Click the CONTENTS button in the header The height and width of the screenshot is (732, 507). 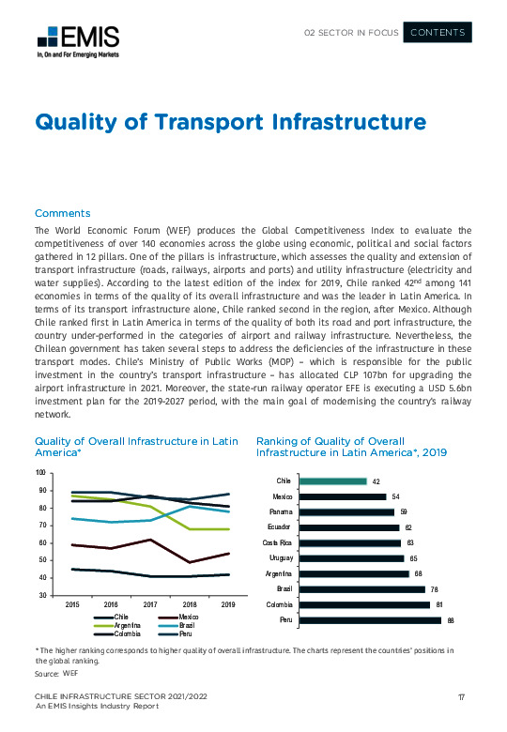pyautogui.click(x=438, y=33)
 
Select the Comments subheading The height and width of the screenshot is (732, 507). pyautogui.click(x=62, y=213)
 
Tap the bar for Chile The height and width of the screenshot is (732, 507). pyautogui.click(x=335, y=481)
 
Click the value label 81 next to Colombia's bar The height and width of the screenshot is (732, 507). pyautogui.click(x=439, y=604)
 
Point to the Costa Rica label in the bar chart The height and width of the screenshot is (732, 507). pyautogui.click(x=279, y=542)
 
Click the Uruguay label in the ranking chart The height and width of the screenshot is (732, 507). pyautogui.click(x=284, y=558)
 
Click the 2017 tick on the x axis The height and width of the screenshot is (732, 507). pyautogui.click(x=150, y=605)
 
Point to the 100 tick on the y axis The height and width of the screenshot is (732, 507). pyautogui.click(x=40, y=473)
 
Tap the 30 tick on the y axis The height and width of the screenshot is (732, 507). pyautogui.click(x=42, y=595)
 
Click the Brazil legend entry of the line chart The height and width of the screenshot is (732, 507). pyautogui.click(x=184, y=624)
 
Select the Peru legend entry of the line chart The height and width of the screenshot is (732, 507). pyautogui.click(x=183, y=633)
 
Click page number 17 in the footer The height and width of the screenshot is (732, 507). pyautogui.click(x=462, y=695)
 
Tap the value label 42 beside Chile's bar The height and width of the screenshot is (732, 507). pyautogui.click(x=376, y=481)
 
